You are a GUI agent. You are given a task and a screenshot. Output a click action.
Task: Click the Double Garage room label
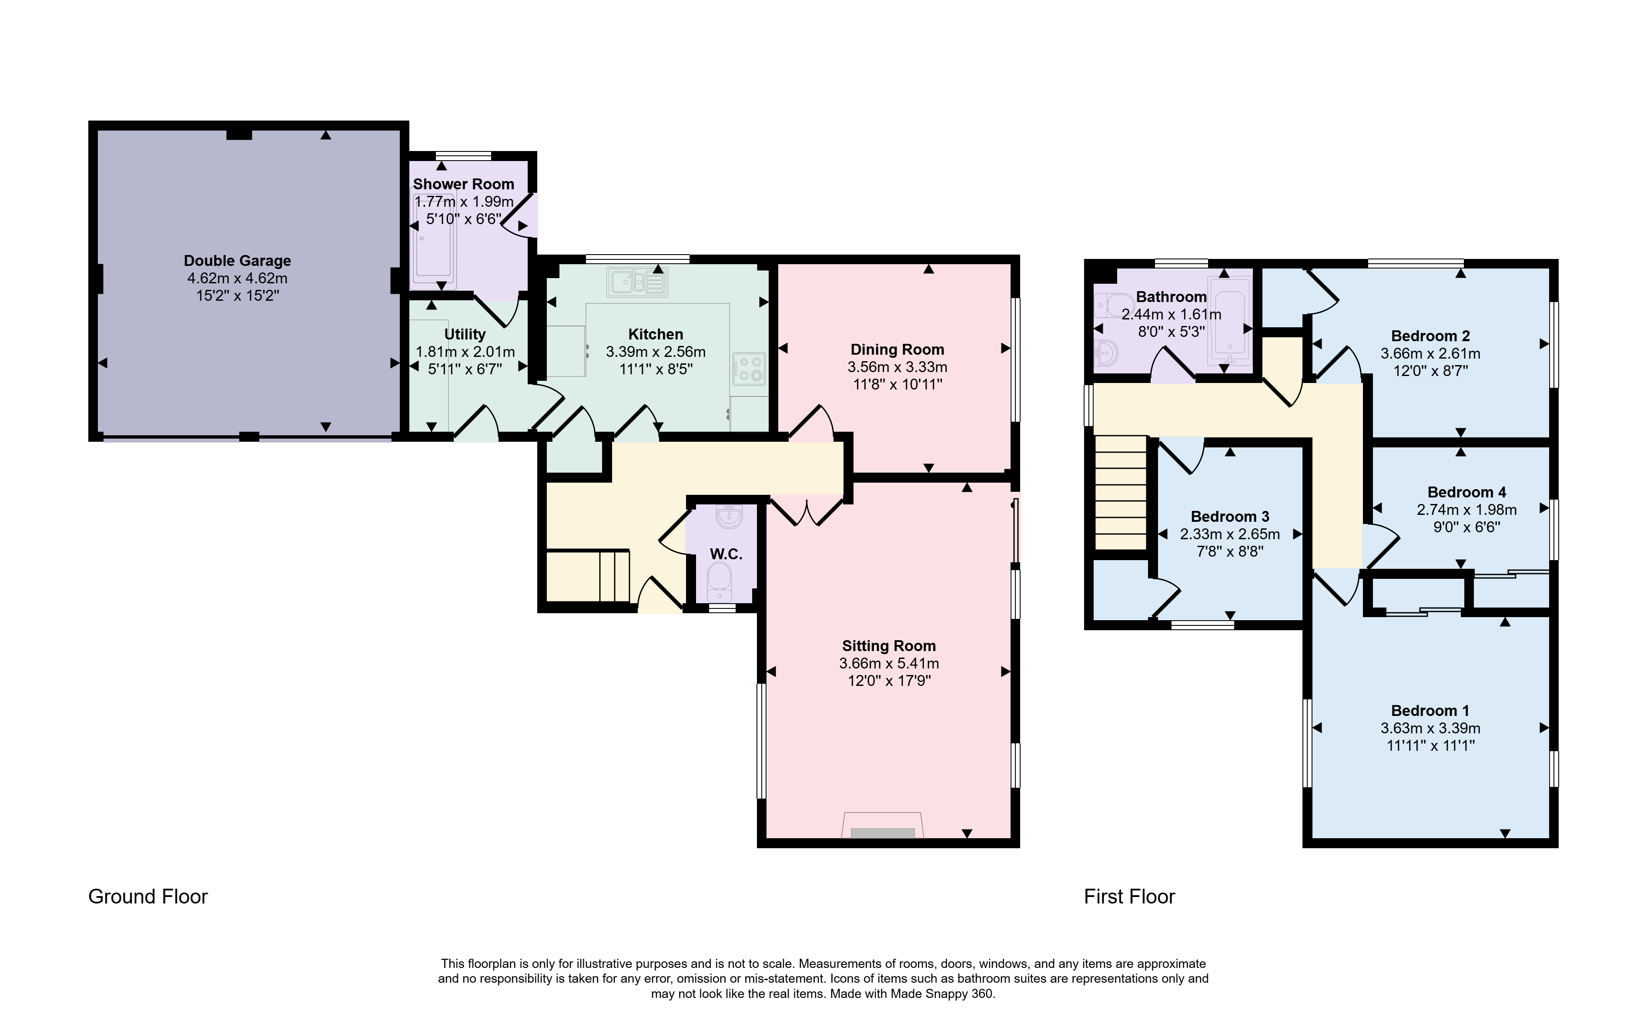(x=237, y=261)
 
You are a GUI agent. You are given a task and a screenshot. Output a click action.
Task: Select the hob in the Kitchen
(x=749, y=369)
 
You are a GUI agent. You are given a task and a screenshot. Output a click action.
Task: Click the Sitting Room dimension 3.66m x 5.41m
(x=889, y=663)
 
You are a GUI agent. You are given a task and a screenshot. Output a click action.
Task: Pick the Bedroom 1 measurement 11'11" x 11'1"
(x=1430, y=746)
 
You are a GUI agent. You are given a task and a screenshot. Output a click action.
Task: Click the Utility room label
(x=465, y=334)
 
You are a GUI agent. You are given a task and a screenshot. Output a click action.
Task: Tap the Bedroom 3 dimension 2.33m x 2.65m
(x=1230, y=534)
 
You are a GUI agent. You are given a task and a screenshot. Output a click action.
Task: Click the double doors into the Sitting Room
(x=807, y=511)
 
